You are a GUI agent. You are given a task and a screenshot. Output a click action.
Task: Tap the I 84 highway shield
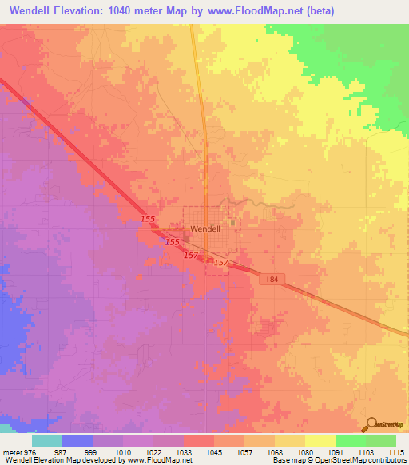(x=272, y=279)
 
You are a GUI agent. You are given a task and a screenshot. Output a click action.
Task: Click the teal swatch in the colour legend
(x=47, y=440)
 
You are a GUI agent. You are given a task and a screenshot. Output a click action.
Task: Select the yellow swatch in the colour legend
(x=320, y=440)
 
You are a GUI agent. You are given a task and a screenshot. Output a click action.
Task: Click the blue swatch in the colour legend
(x=77, y=440)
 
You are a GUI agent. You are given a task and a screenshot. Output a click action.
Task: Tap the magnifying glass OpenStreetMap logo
(x=370, y=425)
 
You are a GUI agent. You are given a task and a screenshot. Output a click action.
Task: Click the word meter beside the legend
(x=13, y=451)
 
